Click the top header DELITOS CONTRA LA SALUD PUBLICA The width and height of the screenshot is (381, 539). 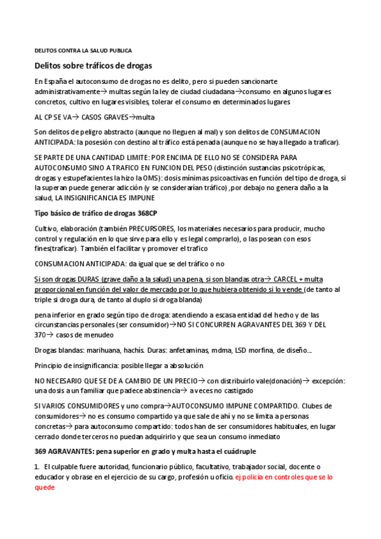[82, 50]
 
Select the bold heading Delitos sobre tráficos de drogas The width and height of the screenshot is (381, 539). [92, 65]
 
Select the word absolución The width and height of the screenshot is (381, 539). [184, 365]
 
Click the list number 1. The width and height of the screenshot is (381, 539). [37, 467]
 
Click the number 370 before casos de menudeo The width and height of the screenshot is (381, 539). [40, 334]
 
